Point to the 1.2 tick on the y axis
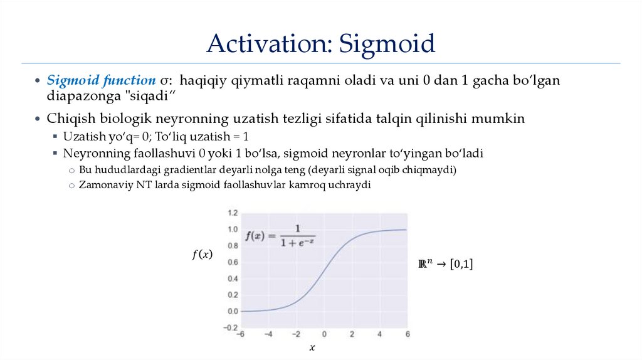pyautogui.click(x=233, y=213)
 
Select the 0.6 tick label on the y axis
pyautogui.click(x=233, y=262)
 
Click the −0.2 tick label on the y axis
pyautogui.click(x=231, y=327)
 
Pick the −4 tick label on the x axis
pyautogui.click(x=268, y=334)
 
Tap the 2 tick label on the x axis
pyautogui.click(x=352, y=334)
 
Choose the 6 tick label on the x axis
pyautogui.click(x=408, y=334)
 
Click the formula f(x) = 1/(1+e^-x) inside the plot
pyautogui.click(x=279, y=236)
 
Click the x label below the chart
pyautogui.click(x=312, y=347)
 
